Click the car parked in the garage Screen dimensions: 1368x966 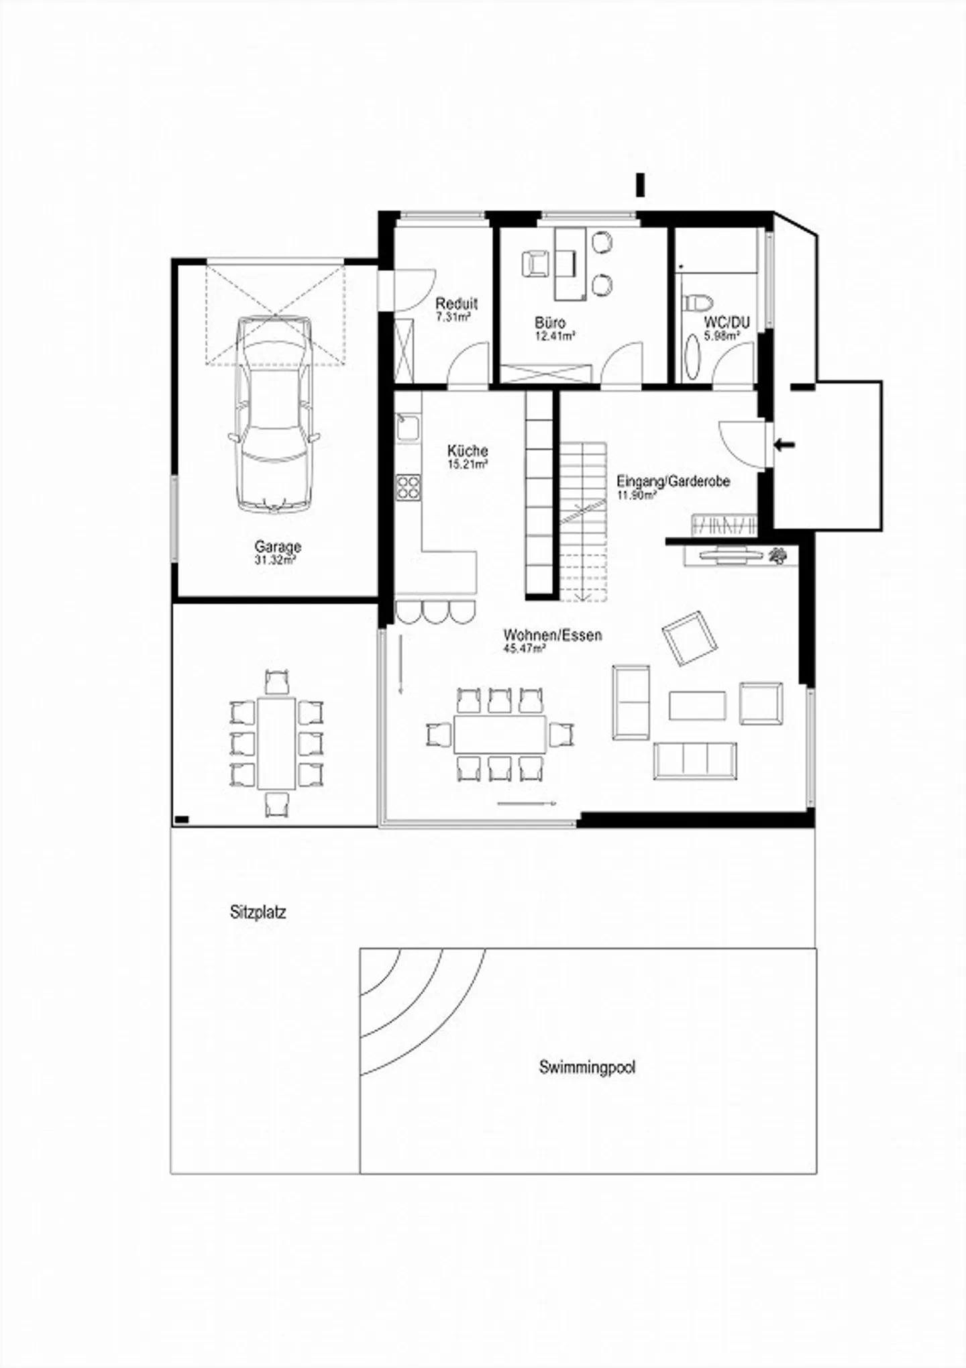click(x=274, y=415)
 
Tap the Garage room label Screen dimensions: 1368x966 click(x=278, y=547)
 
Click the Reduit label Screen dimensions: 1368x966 click(x=456, y=303)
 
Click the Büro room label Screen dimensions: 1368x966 click(x=550, y=323)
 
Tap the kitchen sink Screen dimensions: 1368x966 click(x=408, y=428)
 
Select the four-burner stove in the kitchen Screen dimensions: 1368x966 click(x=408, y=487)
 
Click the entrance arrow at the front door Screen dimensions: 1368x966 click(x=784, y=444)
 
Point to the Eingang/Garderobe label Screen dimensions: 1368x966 click(x=673, y=481)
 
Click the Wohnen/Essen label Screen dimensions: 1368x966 click(x=553, y=635)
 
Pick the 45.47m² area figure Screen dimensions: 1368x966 click(x=524, y=649)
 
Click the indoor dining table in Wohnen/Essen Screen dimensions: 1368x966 click(x=500, y=734)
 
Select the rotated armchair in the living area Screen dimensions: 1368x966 click(x=690, y=638)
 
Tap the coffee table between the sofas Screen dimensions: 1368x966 click(x=697, y=705)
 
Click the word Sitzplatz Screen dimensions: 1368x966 click(x=258, y=912)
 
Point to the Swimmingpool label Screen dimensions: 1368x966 click(x=587, y=1067)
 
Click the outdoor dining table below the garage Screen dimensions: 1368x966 click(x=276, y=743)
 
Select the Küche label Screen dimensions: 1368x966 click(x=468, y=451)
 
